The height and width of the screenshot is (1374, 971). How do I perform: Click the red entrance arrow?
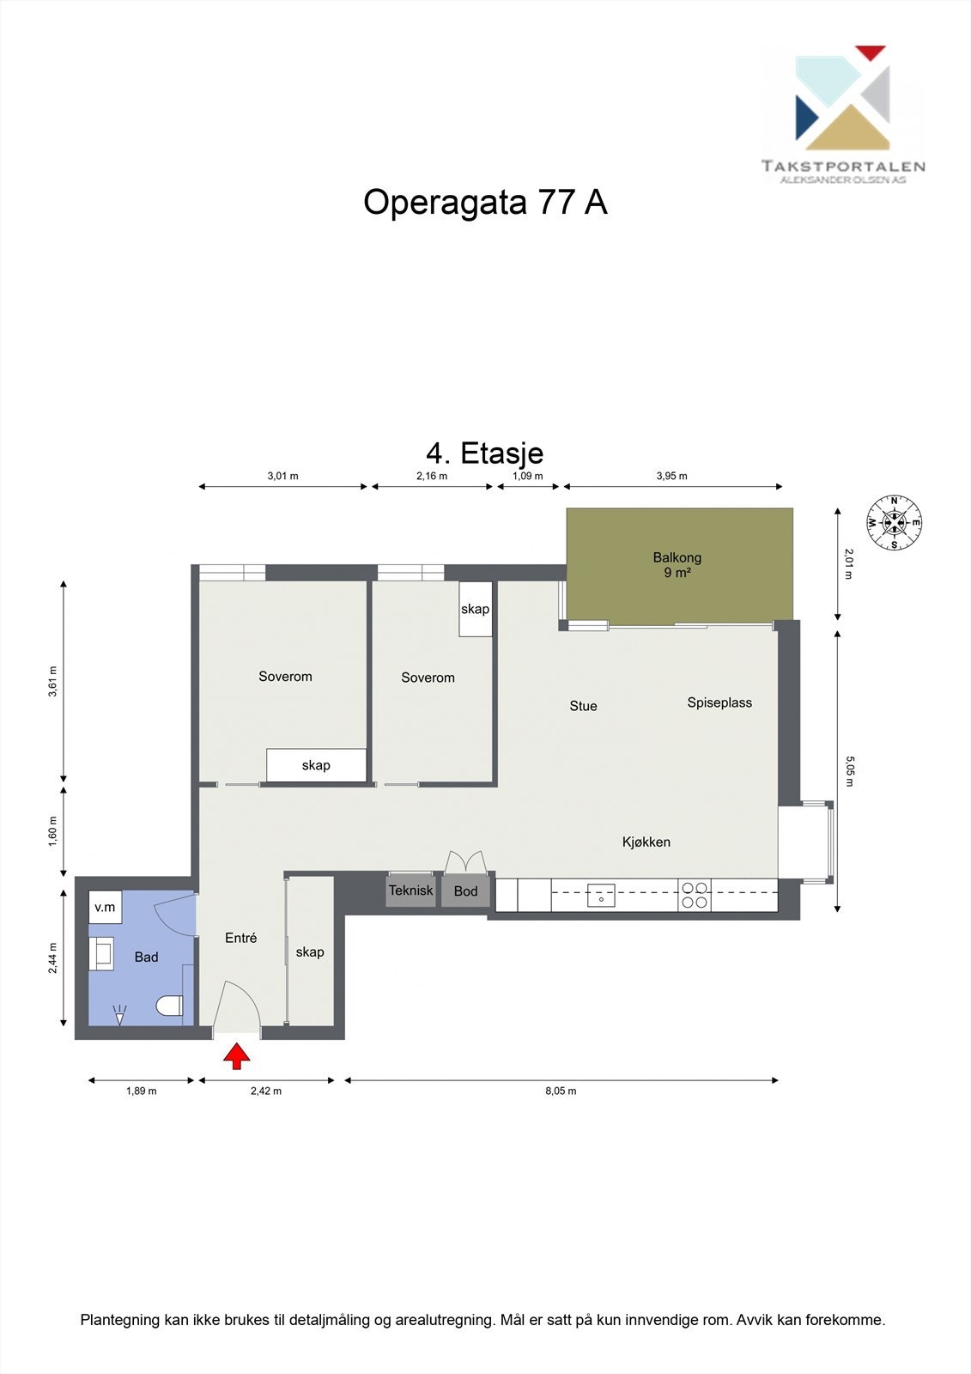point(236,1056)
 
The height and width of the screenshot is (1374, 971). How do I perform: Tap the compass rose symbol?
point(895,522)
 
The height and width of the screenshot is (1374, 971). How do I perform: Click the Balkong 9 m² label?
point(677,565)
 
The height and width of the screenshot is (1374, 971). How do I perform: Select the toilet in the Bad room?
point(170,1006)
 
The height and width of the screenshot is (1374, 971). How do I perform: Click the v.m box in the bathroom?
point(105,907)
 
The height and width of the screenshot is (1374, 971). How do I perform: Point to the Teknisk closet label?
point(410,891)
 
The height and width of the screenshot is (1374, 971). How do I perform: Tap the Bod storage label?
point(465,891)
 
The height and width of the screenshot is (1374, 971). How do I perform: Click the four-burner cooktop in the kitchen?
point(695,895)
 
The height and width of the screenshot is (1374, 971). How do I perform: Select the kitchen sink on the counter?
point(601,895)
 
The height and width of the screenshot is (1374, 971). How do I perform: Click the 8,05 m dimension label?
point(561,1091)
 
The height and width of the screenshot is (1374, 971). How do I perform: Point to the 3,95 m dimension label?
point(671,476)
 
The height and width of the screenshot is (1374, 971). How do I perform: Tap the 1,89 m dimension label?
point(142,1091)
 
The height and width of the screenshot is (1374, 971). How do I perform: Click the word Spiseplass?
point(719,702)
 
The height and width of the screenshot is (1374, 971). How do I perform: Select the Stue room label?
point(583,706)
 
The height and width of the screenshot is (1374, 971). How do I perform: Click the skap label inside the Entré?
point(310,951)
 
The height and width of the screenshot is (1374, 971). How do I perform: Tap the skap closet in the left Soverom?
point(316,765)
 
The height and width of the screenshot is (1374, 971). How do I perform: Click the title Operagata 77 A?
point(485,203)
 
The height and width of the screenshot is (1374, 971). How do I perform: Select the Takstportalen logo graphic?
point(842,97)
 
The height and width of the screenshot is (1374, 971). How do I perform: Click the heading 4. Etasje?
point(485,453)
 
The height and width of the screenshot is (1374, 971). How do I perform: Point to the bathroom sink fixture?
point(102,953)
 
